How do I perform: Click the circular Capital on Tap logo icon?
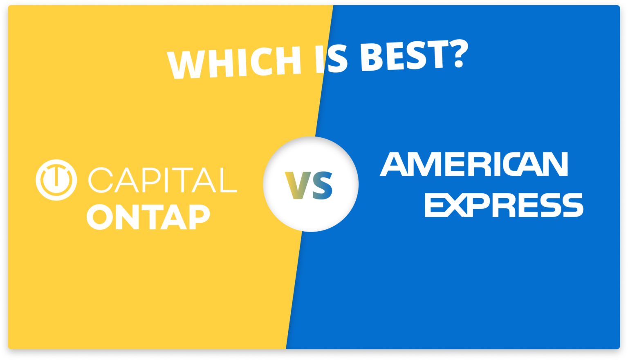pyautogui.click(x=56, y=180)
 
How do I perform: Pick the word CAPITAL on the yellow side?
pyautogui.click(x=162, y=180)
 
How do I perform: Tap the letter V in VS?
pyautogui.click(x=298, y=185)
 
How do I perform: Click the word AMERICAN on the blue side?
pyautogui.click(x=474, y=164)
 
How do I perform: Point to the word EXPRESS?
pyautogui.click(x=504, y=205)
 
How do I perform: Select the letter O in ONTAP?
pyautogui.click(x=102, y=217)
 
